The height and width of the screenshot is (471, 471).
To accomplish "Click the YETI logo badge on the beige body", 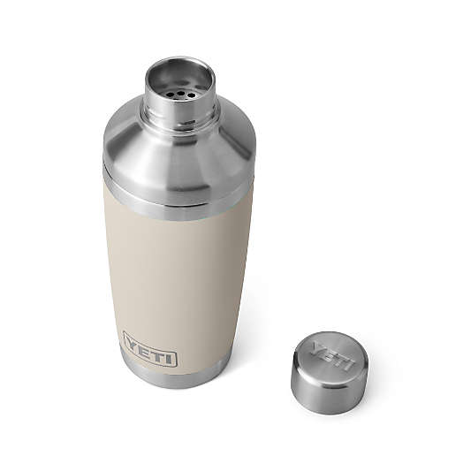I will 150,348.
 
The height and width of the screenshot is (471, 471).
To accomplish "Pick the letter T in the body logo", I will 156,352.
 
